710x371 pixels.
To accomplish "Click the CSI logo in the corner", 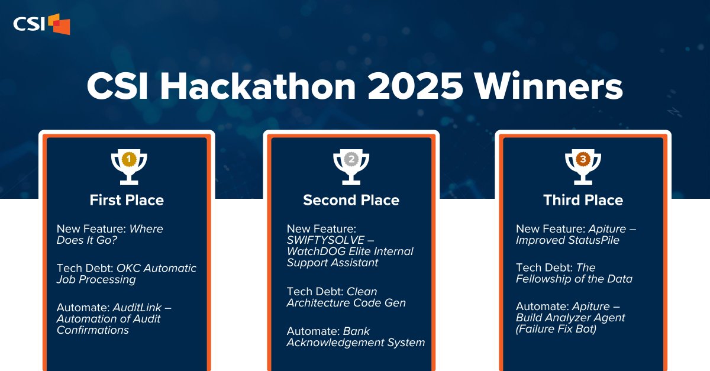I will click(x=41, y=24).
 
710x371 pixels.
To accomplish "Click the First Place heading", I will click(x=127, y=200).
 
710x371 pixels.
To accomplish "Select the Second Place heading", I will click(x=351, y=200).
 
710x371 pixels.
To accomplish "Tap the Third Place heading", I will click(x=583, y=200).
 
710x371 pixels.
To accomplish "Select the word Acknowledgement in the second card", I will click(x=333, y=342).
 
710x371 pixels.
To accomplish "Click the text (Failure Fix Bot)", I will click(x=556, y=329).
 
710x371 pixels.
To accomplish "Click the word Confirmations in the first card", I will click(x=93, y=330).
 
